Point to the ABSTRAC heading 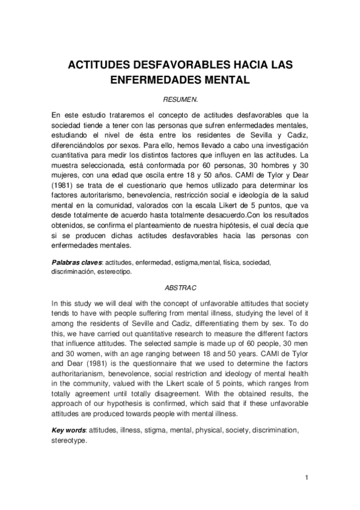[x=180, y=288]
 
